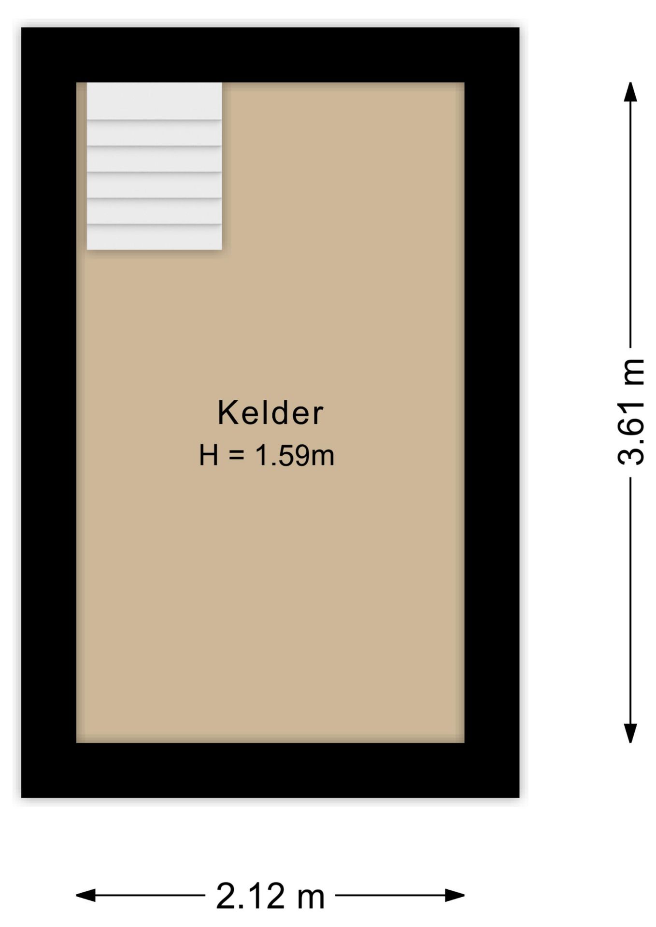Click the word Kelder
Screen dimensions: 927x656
[x=270, y=413]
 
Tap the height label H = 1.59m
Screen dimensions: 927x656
[x=266, y=455]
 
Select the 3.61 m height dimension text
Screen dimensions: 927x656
[x=631, y=412]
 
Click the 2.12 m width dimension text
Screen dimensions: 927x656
[x=270, y=896]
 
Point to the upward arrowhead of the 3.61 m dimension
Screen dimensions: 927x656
[x=630, y=92]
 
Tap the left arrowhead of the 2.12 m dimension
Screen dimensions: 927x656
[x=86, y=895]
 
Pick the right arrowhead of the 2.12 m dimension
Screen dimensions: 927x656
[x=455, y=895]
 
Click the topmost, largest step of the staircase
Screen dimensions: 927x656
[x=154, y=100]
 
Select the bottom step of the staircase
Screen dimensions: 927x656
[x=154, y=237]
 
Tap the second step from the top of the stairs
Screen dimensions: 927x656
[x=154, y=133]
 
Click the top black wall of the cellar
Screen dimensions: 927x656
[x=270, y=55]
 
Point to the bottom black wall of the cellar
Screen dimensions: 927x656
[x=270, y=770]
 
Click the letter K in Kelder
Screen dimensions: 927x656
[x=228, y=413]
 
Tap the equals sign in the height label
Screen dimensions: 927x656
[x=236, y=455]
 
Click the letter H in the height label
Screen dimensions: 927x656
[x=209, y=455]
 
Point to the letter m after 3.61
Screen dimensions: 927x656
[x=633, y=372]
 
